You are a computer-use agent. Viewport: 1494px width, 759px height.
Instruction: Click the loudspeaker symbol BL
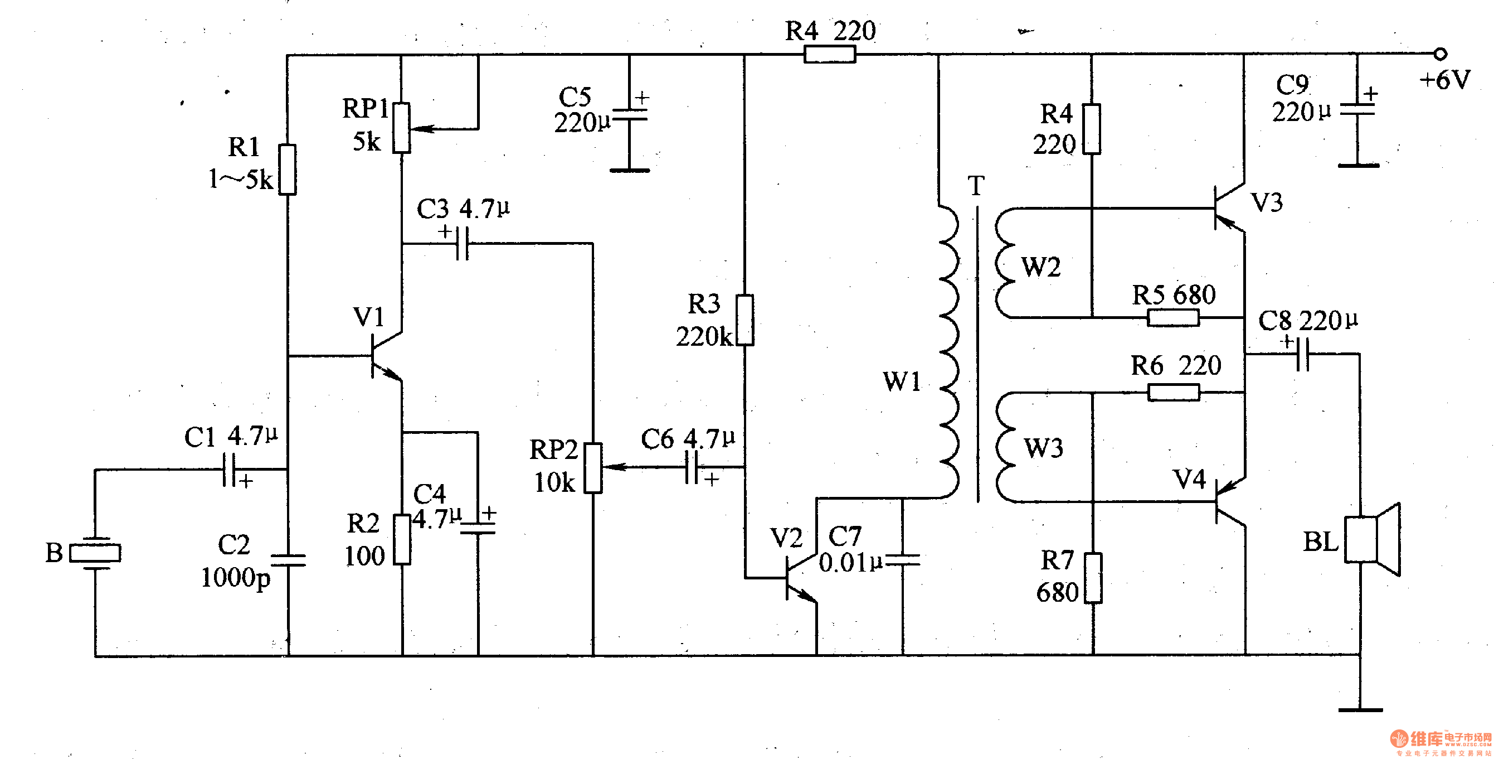coord(1371,540)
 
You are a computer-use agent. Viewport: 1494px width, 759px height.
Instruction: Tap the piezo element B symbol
coord(95,553)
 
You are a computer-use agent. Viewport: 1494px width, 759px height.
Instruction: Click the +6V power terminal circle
coord(1440,54)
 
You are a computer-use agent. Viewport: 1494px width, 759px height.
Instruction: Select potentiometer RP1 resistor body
coord(401,128)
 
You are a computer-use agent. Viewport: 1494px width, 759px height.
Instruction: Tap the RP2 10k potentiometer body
coord(593,468)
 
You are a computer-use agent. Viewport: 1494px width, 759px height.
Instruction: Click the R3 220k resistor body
coord(744,320)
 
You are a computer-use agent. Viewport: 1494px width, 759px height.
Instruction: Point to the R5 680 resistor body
coord(1172,318)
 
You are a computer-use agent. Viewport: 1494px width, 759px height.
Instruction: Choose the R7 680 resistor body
coord(1093,578)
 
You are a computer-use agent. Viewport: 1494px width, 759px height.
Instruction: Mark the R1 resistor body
coord(288,170)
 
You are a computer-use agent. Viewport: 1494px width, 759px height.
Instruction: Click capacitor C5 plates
coord(630,115)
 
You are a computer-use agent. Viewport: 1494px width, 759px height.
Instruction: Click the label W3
coord(1043,448)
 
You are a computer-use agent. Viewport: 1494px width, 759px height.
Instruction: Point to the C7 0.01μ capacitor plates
coord(903,559)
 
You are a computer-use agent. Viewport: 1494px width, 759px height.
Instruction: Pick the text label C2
coord(233,545)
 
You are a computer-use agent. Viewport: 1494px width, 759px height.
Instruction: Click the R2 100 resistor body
coord(402,539)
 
